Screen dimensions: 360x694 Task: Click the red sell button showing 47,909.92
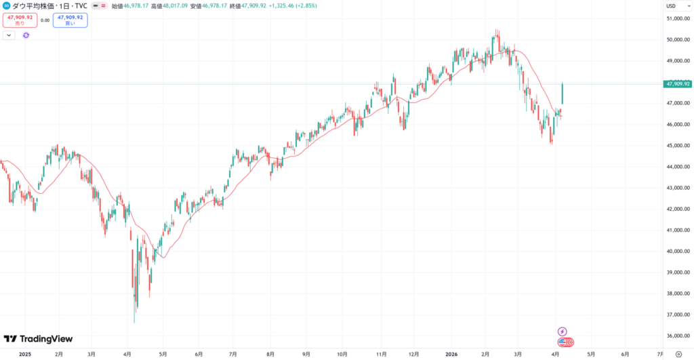pos(19,20)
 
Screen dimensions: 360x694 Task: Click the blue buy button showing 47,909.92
pos(70,20)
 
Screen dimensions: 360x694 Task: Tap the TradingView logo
pos(38,339)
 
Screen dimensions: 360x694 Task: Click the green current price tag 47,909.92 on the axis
pos(678,84)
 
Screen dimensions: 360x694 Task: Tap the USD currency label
pos(672,5)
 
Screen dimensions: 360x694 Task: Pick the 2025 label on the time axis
pos(24,353)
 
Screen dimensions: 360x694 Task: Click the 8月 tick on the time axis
pos(270,353)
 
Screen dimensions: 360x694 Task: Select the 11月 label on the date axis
pos(382,353)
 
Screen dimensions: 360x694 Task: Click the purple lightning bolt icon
pos(563,331)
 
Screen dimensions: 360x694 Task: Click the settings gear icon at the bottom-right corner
pos(678,353)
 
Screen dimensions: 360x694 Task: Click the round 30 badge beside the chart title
pos(5,5)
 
